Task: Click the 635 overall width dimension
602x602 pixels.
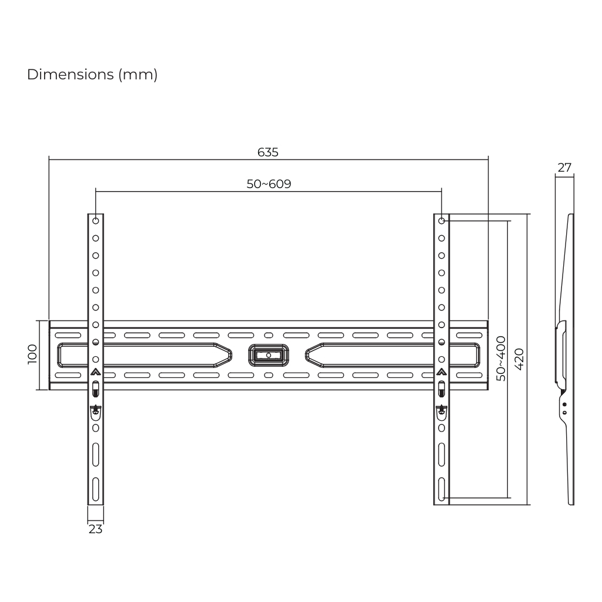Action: pyautogui.click(x=267, y=152)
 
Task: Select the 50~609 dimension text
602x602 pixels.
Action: pyautogui.click(x=269, y=184)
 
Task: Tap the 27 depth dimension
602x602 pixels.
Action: pyautogui.click(x=564, y=168)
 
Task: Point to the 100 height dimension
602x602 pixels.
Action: pyautogui.click(x=33, y=354)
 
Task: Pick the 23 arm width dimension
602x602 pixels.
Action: pyautogui.click(x=96, y=530)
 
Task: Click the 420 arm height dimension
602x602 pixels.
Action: pyautogui.click(x=519, y=359)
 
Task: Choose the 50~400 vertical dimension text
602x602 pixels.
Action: pyautogui.click(x=501, y=359)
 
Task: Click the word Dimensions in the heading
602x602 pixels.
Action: pyautogui.click(x=71, y=75)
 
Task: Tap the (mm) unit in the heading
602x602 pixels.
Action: pyautogui.click(x=138, y=75)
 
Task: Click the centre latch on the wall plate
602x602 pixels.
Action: pyautogui.click(x=268, y=355)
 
